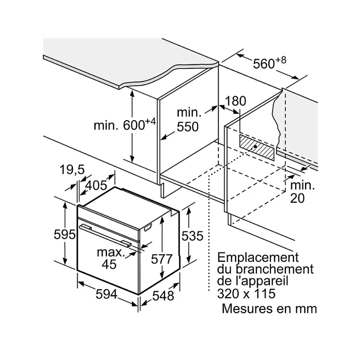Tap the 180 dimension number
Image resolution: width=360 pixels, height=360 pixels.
tap(235, 101)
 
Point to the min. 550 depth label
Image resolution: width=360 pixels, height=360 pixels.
tap(188, 119)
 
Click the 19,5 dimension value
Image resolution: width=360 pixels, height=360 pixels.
tap(72, 170)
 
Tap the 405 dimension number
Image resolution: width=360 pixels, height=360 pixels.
tap(96, 185)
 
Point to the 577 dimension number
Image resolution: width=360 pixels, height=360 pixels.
tap(162, 259)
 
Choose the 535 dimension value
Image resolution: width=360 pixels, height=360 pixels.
tap(192, 236)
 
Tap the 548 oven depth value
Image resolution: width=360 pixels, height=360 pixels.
tap(163, 295)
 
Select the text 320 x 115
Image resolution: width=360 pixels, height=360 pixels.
tap(246, 294)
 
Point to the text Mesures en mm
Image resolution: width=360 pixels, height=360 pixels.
tap(269, 308)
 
